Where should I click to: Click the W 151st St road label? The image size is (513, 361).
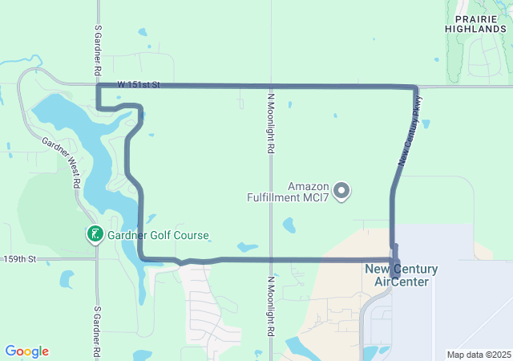(x=139, y=83)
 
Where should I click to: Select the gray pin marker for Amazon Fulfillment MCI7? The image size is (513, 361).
(x=342, y=190)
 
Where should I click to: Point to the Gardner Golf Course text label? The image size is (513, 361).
(x=159, y=236)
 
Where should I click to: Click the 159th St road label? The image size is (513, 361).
(x=19, y=259)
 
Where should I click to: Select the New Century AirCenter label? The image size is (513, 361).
(x=402, y=275)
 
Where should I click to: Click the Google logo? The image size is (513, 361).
(x=26, y=351)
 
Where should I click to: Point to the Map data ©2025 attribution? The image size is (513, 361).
(x=478, y=355)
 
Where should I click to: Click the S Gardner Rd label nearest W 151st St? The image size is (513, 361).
(x=97, y=50)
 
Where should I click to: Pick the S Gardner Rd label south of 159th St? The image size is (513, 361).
(x=97, y=331)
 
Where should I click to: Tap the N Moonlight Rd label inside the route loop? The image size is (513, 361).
(x=271, y=121)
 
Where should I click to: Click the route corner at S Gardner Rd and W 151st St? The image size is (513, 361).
(x=98, y=84)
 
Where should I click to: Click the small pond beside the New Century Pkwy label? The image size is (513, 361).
(x=425, y=124)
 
